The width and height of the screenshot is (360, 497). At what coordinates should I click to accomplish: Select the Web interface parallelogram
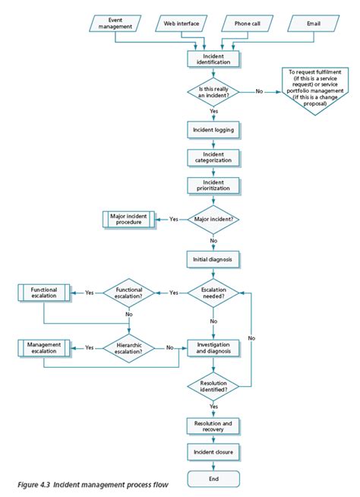coord(182,24)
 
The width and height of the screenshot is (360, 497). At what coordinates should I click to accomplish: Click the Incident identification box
coord(213,58)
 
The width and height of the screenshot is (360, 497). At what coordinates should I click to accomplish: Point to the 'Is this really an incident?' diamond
coord(213,92)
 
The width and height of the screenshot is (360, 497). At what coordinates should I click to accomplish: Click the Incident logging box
coord(213,129)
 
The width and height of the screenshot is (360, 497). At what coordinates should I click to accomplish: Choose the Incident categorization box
coord(213,157)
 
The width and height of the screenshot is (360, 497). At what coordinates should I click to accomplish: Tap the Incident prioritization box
coord(213,184)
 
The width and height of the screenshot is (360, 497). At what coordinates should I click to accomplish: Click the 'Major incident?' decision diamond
coord(213,219)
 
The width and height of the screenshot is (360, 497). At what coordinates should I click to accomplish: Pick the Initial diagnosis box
coord(213,258)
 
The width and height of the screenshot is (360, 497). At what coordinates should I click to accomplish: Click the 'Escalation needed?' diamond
coord(213,293)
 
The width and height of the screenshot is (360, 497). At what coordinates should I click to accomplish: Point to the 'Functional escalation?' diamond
coord(128,293)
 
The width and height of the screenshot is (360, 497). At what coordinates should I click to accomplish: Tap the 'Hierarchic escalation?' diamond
coord(128,347)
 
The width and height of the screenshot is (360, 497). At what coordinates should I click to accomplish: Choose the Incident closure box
coord(213,453)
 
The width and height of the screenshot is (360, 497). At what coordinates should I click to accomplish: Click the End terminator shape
coord(213,478)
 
